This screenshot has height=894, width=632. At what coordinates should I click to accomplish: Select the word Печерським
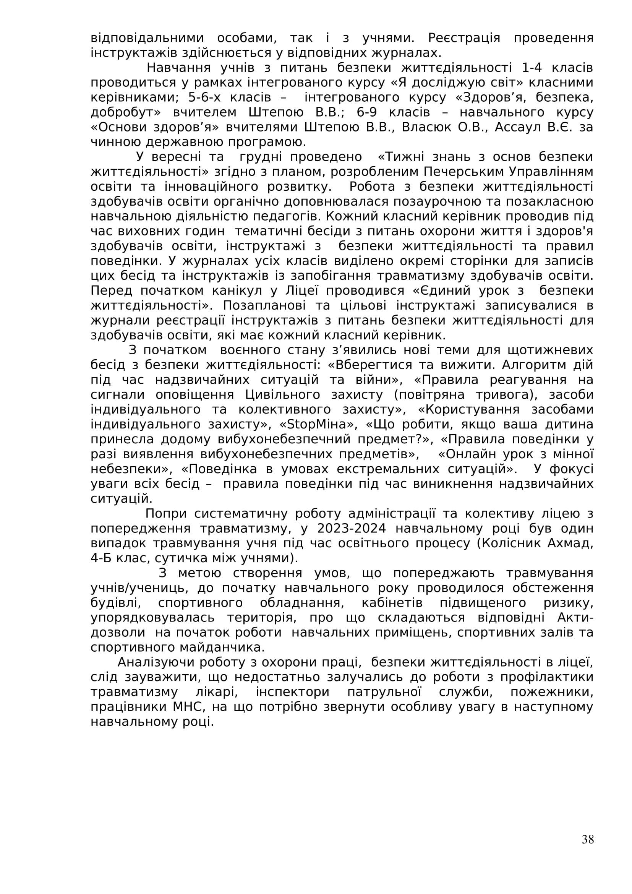[464, 172]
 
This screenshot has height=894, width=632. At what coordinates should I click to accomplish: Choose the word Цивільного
[282, 395]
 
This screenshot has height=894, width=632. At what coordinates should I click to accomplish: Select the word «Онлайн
[467, 454]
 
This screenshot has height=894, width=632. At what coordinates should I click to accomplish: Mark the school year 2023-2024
[352, 529]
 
